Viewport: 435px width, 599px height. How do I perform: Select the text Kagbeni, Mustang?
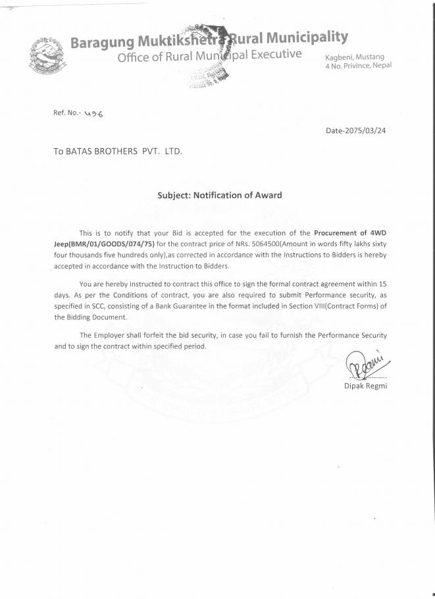point(355,58)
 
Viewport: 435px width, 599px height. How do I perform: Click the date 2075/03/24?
point(363,130)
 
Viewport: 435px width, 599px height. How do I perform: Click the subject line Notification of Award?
point(241,195)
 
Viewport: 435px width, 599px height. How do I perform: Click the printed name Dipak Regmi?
point(366,386)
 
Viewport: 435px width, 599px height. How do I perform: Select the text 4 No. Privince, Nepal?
point(359,66)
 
